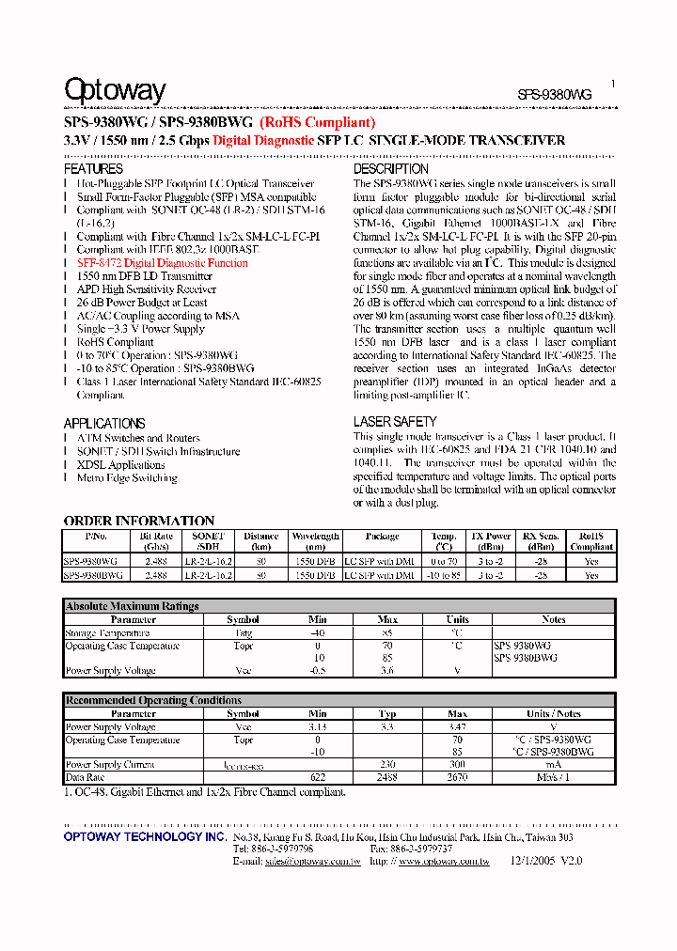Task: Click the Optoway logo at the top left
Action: (115, 90)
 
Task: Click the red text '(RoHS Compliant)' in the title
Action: (318, 122)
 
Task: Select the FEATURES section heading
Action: (93, 169)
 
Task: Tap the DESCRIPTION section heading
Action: (390, 169)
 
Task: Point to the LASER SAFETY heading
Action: (395, 422)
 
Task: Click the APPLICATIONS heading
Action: (104, 423)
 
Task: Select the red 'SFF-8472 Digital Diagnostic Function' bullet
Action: (162, 264)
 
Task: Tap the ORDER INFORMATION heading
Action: (139, 521)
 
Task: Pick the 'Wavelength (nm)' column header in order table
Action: (315, 541)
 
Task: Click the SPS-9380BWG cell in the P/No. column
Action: (93, 575)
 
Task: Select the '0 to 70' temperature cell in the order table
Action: (444, 561)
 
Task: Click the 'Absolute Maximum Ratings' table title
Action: (132, 606)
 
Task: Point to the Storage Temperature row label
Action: (108, 633)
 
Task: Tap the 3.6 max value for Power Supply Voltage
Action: (387, 671)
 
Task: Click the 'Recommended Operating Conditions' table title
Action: (152, 700)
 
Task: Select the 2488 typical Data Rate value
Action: (387, 778)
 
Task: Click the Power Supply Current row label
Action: (111, 765)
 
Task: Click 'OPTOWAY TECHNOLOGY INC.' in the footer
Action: (145, 836)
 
